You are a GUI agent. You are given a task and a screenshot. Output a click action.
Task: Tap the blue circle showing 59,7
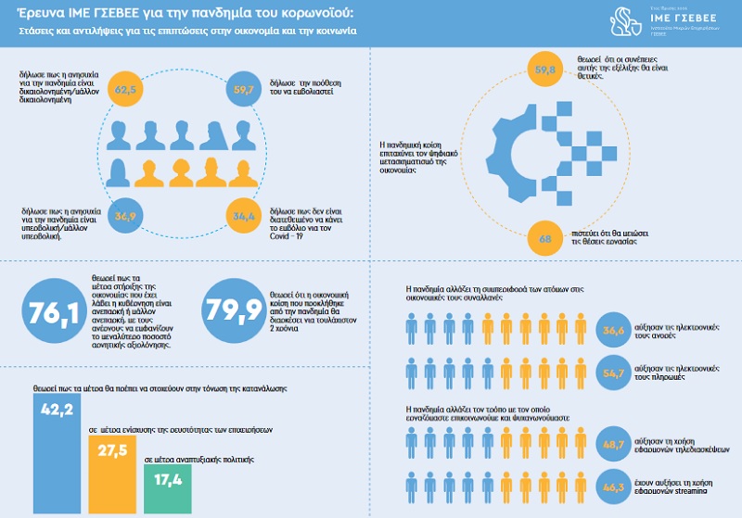click(245, 91)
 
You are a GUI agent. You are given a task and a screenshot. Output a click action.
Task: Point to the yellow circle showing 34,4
click(244, 217)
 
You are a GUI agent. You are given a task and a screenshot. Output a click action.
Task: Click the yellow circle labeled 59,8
click(547, 70)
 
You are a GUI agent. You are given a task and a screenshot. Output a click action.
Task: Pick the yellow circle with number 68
click(547, 239)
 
